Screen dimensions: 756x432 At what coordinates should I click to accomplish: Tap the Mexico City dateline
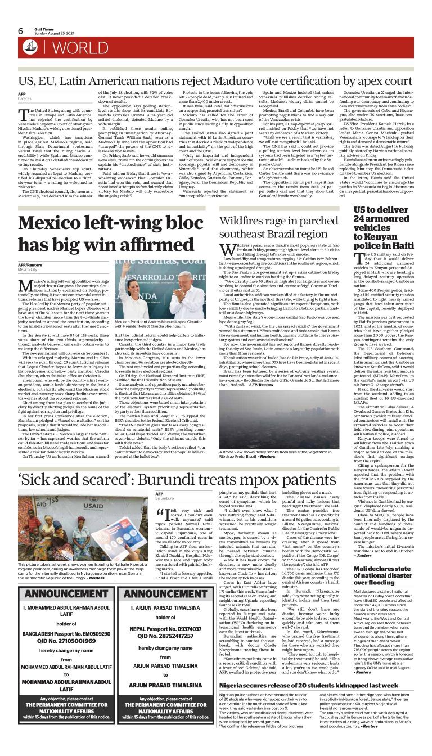28,269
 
